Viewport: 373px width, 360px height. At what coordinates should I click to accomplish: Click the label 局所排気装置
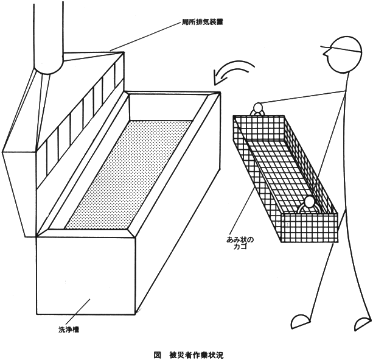point(202,23)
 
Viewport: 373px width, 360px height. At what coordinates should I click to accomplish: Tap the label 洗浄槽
point(69,330)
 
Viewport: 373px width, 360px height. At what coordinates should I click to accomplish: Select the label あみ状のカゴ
point(240,242)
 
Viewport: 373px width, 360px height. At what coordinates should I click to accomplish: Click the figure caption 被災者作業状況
point(197,355)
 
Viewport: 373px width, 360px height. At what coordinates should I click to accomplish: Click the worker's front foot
point(301,322)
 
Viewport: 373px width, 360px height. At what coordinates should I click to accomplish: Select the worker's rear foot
point(363,324)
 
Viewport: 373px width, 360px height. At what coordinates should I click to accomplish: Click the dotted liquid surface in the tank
point(128,175)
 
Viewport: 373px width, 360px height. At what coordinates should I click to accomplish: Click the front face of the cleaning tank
point(86,275)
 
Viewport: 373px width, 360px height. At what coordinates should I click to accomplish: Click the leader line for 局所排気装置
point(145,37)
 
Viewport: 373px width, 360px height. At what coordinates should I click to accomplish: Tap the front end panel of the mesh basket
point(309,228)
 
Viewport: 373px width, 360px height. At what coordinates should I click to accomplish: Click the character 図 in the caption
point(157,355)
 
